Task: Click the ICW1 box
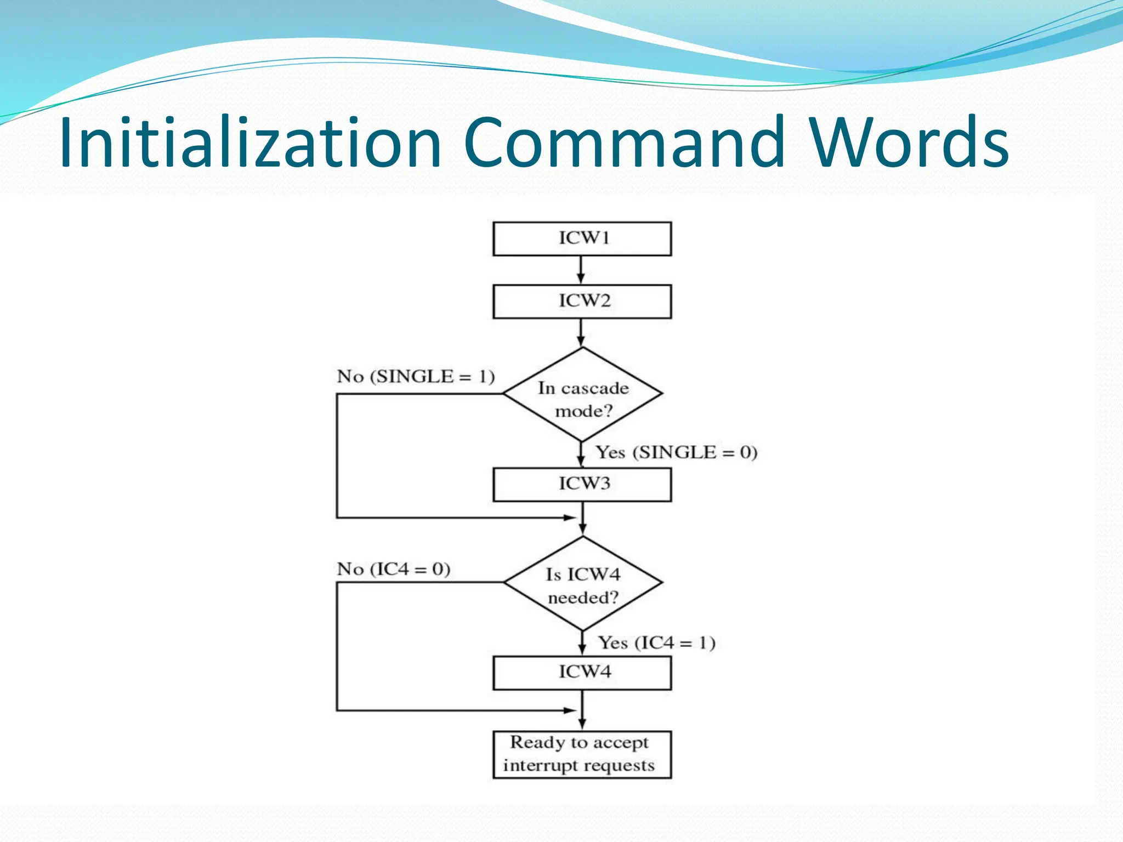pyautogui.click(x=582, y=238)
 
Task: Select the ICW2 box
pyautogui.click(x=582, y=301)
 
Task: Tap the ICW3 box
pyautogui.click(x=582, y=484)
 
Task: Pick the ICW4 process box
pyautogui.click(x=582, y=673)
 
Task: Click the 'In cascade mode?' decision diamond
pyautogui.click(x=582, y=394)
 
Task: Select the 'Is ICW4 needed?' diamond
pyautogui.click(x=582, y=583)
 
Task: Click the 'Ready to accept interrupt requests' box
pyautogui.click(x=582, y=754)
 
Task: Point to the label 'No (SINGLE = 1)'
pyautogui.click(x=416, y=377)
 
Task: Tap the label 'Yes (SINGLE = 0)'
pyautogui.click(x=677, y=452)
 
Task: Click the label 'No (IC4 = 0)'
pyautogui.click(x=393, y=569)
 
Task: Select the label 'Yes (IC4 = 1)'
pyautogui.click(x=656, y=642)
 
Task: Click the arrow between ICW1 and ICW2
pyautogui.click(x=581, y=270)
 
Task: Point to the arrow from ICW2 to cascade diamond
pyautogui.click(x=581, y=333)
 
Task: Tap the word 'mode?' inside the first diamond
pyautogui.click(x=583, y=411)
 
